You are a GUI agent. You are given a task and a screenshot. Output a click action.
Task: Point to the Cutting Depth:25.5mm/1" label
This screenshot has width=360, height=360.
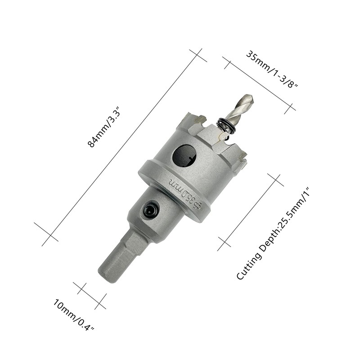[x=273, y=234]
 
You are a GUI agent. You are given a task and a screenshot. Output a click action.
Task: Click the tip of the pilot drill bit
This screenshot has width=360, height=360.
[x=252, y=97]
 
